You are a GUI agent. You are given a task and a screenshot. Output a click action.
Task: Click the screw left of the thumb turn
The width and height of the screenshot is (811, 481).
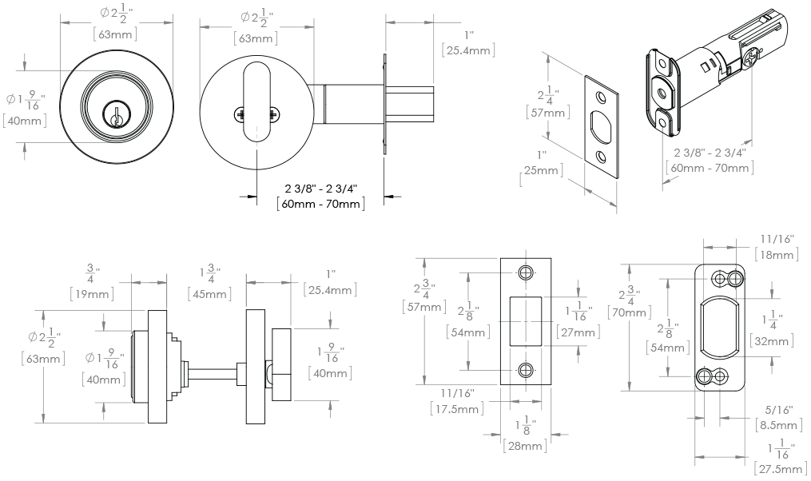[x=240, y=114]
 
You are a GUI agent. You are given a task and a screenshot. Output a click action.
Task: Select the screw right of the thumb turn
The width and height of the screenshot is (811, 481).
[x=273, y=114]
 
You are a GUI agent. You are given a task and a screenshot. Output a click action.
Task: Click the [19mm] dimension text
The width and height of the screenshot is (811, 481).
[x=90, y=293]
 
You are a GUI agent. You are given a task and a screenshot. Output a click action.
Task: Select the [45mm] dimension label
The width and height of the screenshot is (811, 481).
[x=209, y=293]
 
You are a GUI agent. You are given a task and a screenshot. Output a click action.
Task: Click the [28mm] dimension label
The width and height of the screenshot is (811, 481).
[x=525, y=446]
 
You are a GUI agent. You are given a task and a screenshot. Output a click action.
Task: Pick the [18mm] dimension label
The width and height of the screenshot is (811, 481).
[x=775, y=255]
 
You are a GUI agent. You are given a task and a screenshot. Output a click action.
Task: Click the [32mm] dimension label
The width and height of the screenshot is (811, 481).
[x=772, y=341]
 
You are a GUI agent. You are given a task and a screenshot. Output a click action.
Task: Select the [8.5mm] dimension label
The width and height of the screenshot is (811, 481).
[x=779, y=424]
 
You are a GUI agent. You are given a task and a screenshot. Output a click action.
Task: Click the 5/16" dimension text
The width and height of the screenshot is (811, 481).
[x=777, y=407]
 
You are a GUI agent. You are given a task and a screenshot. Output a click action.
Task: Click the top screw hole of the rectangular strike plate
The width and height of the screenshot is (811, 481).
[x=525, y=273]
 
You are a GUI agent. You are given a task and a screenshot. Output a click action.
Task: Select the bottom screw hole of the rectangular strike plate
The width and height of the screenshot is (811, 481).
[x=525, y=369]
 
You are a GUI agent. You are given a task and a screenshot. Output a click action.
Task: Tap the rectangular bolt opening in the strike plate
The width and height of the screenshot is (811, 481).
[x=525, y=321]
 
